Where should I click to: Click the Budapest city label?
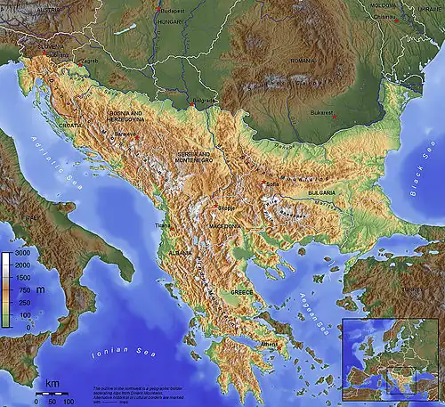click(174, 10)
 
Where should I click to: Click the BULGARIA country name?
click(321, 192)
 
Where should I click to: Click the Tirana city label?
click(163, 226)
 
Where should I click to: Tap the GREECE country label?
click(242, 291)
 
